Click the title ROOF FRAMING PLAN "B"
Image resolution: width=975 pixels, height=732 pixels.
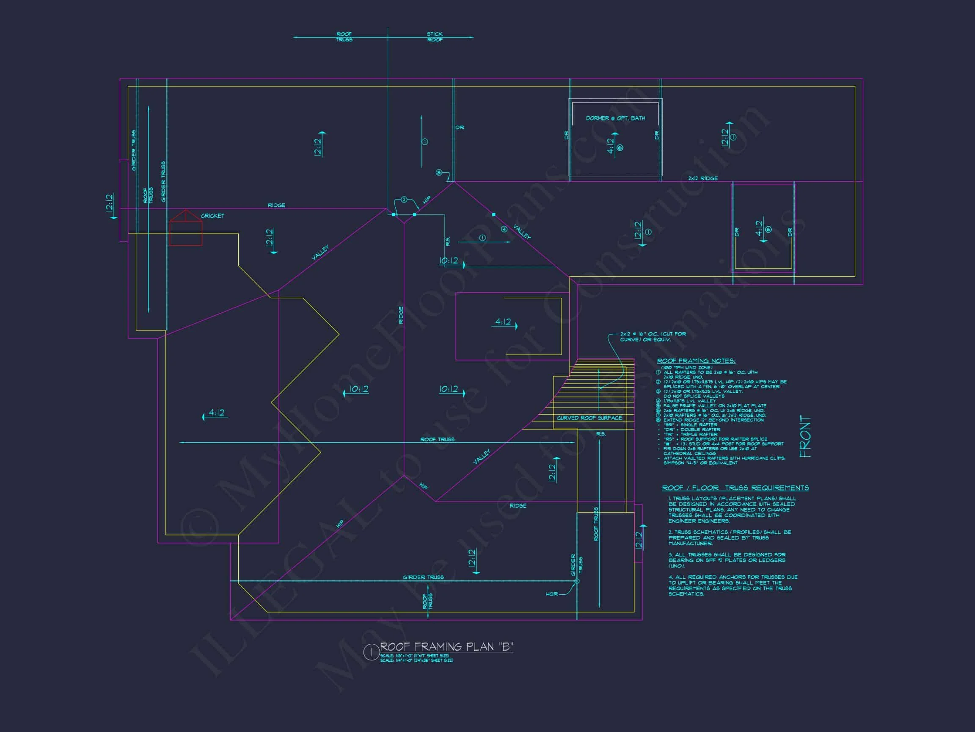pyautogui.click(x=446, y=647)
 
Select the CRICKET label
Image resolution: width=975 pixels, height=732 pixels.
pyautogui.click(x=212, y=216)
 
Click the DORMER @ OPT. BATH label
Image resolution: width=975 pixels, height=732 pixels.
pyautogui.click(x=615, y=118)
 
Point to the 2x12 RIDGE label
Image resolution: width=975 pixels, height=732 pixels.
pyautogui.click(x=702, y=178)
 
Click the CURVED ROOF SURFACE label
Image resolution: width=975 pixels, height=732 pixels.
pyautogui.click(x=589, y=418)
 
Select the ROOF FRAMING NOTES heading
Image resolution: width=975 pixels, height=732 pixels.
pyautogui.click(x=696, y=361)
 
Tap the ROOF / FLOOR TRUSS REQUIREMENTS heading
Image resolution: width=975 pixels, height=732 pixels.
pyautogui.click(x=735, y=488)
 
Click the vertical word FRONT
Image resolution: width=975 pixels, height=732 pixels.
pyautogui.click(x=805, y=436)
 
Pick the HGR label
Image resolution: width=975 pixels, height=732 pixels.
pyautogui.click(x=551, y=594)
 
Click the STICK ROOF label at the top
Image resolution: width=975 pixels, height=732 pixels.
pyautogui.click(x=435, y=36)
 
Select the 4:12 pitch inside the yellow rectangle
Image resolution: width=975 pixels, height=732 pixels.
pyautogui.click(x=503, y=322)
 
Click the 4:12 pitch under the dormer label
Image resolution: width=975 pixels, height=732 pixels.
pyautogui.click(x=611, y=146)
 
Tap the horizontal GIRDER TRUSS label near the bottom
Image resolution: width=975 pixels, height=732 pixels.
pyautogui.click(x=423, y=577)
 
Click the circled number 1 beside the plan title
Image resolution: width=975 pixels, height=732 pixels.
pyautogui.click(x=371, y=652)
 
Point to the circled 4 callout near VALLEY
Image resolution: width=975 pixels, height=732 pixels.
pyautogui.click(x=504, y=229)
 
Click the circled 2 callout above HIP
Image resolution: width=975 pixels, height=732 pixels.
pyautogui.click(x=403, y=200)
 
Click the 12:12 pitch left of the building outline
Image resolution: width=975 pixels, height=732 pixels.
pyautogui.click(x=110, y=202)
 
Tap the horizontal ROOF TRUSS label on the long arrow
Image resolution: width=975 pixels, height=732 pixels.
pyautogui.click(x=437, y=439)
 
